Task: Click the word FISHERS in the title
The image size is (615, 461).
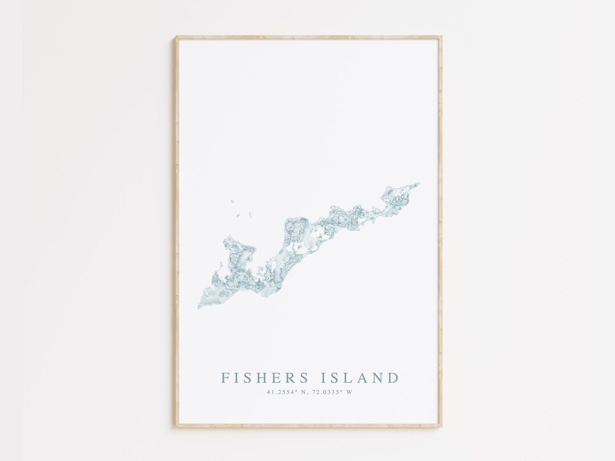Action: [265, 378]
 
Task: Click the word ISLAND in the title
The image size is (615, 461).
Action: [362, 378]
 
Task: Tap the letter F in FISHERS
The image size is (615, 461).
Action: [225, 378]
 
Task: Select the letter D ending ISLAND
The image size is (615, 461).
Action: [393, 378]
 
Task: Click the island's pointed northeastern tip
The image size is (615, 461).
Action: [420, 183]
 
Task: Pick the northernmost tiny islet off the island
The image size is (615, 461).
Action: [233, 200]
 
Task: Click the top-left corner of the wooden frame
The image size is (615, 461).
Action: [176, 38]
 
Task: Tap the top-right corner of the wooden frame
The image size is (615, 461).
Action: [441, 38]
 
